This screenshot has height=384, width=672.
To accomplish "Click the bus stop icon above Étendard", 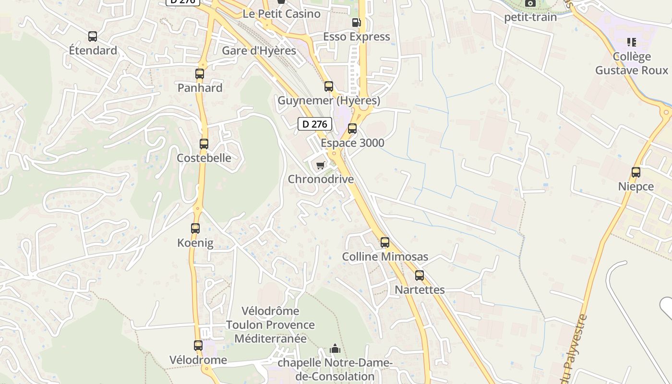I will pyautogui.click(x=93, y=36).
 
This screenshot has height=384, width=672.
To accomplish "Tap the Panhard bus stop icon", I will pyautogui.click(x=200, y=74).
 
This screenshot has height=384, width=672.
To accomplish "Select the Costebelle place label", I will pyautogui.click(x=204, y=158).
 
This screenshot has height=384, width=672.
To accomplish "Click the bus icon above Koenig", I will pyautogui.click(x=195, y=228).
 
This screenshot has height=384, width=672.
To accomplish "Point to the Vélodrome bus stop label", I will pyautogui.click(x=198, y=360).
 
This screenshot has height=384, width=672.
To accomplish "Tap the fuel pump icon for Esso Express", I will pyautogui.click(x=356, y=22).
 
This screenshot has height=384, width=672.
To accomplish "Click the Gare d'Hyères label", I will pyautogui.click(x=259, y=51).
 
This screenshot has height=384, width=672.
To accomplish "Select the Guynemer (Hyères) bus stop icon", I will pyautogui.click(x=329, y=86).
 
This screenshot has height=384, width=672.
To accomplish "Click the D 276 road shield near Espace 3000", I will pyautogui.click(x=315, y=124).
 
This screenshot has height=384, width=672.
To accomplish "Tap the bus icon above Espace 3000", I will pyautogui.click(x=352, y=129).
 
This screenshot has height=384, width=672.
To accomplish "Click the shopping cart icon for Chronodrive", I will pyautogui.click(x=320, y=165).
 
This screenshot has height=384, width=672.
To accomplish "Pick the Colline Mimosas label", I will pyautogui.click(x=385, y=257).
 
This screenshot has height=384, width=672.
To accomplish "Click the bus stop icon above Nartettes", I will pyautogui.click(x=420, y=276).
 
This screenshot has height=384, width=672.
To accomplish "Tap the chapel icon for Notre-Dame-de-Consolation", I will pyautogui.click(x=335, y=348).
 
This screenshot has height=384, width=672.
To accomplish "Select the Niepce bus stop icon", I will pyautogui.click(x=636, y=172).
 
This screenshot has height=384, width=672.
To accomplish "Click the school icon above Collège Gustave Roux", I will pyautogui.click(x=632, y=42).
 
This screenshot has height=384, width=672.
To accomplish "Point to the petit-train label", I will pyautogui.click(x=530, y=17).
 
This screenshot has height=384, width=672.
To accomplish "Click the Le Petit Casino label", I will pyautogui.click(x=282, y=14).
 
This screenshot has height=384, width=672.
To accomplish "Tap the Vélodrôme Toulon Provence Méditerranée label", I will pyautogui.click(x=270, y=325).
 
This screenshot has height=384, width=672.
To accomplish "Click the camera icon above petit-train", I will pyautogui.click(x=530, y=3).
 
